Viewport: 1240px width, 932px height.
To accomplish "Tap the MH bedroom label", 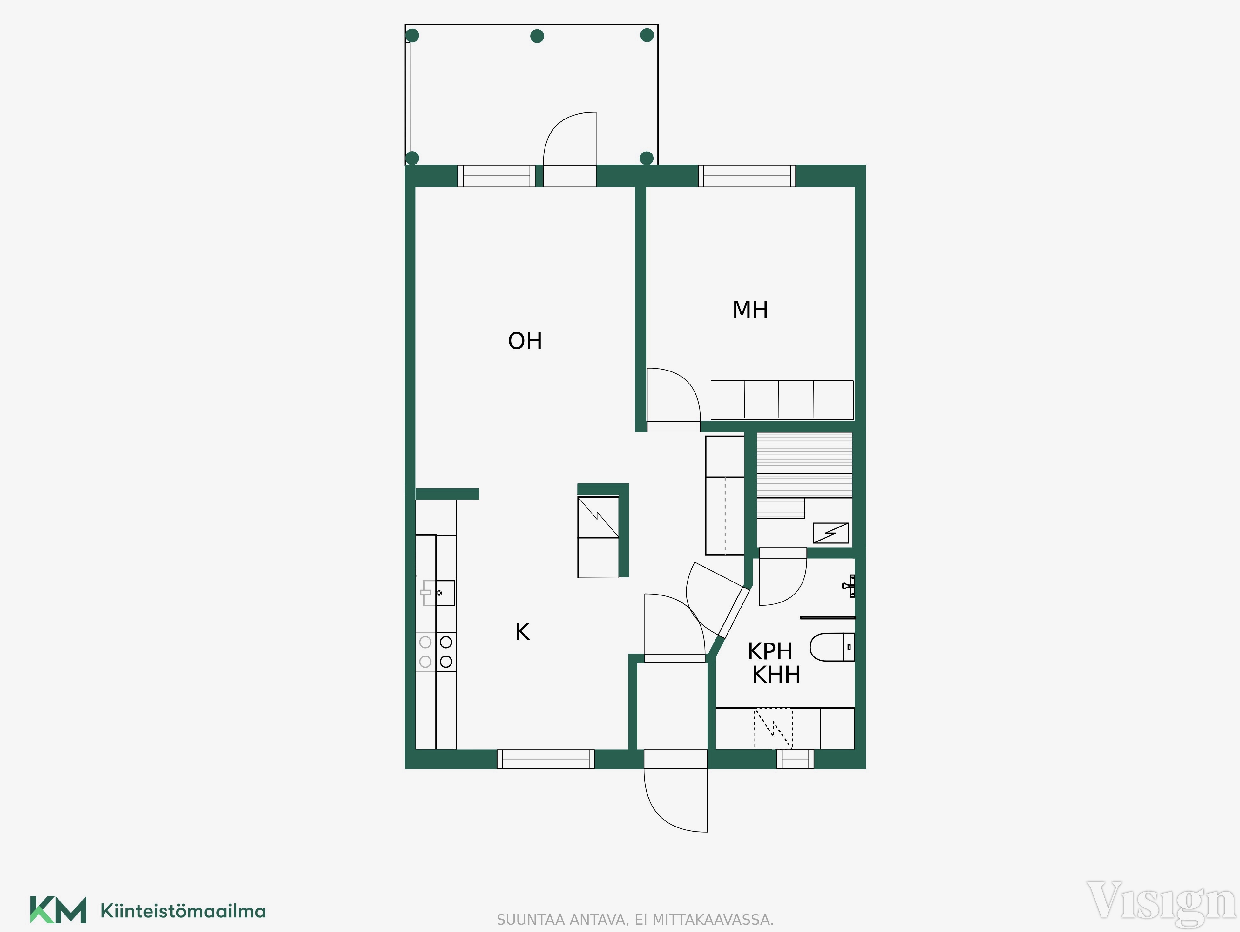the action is coord(750,310).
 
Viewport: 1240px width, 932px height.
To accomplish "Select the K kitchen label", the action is coord(522,632).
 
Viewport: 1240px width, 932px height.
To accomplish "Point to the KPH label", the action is coord(770,652).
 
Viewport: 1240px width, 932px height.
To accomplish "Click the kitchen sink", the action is coord(438,593).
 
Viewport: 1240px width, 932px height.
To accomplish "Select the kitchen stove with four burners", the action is coord(436,652).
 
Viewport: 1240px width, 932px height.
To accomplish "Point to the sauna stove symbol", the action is coord(831,533).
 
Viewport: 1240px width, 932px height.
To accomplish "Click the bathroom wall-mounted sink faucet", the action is coord(849,586).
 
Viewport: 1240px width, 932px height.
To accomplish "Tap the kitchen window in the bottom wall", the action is coord(545,759).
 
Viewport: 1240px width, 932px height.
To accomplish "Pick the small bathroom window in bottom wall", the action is coord(795,759).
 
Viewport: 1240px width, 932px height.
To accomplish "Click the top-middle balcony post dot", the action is coord(537,37).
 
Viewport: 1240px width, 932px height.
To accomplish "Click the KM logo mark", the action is coord(58,909).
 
